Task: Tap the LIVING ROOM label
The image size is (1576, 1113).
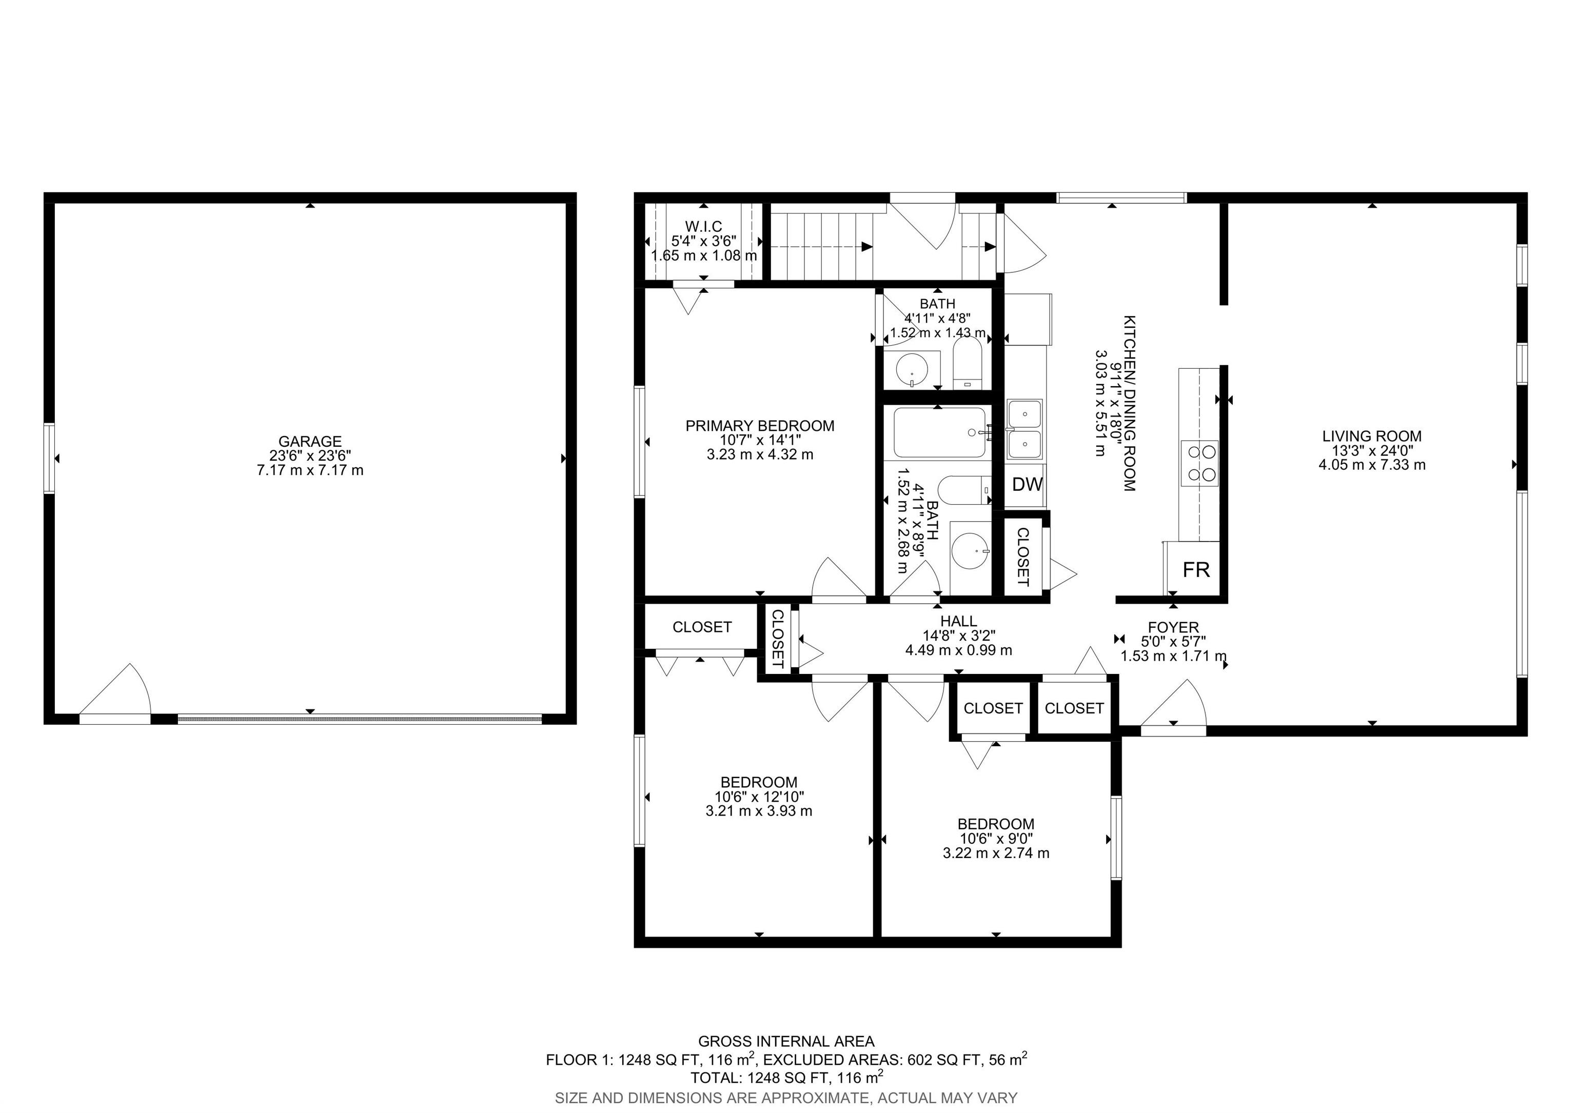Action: coord(1371,436)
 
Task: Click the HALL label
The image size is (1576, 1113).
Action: coord(958,621)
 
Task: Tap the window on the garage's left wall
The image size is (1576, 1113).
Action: coord(49,459)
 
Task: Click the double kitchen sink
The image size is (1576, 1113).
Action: coord(1024,429)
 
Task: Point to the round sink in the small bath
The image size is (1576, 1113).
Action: coord(912,370)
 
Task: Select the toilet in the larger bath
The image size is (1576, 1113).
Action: coord(965,492)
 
